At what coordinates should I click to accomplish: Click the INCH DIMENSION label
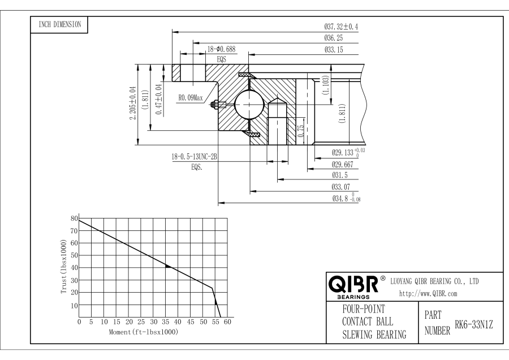click(59, 24)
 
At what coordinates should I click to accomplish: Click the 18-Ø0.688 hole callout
click(221, 49)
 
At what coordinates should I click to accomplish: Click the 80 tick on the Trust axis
click(74, 218)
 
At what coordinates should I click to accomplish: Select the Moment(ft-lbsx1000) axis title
click(144, 332)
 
